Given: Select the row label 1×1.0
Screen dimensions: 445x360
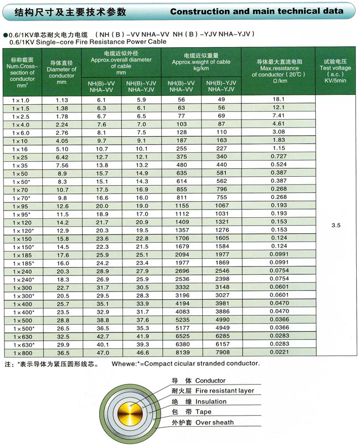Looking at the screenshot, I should coord(22,99).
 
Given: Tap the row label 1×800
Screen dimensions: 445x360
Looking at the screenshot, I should coord(22,352).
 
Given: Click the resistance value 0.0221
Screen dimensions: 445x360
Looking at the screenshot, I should coord(279,352).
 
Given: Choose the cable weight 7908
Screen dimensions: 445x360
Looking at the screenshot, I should coord(221,352).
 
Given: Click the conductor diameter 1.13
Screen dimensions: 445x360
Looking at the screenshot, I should coord(61,99).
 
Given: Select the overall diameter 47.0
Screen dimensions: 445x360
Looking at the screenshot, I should coord(102,352).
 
